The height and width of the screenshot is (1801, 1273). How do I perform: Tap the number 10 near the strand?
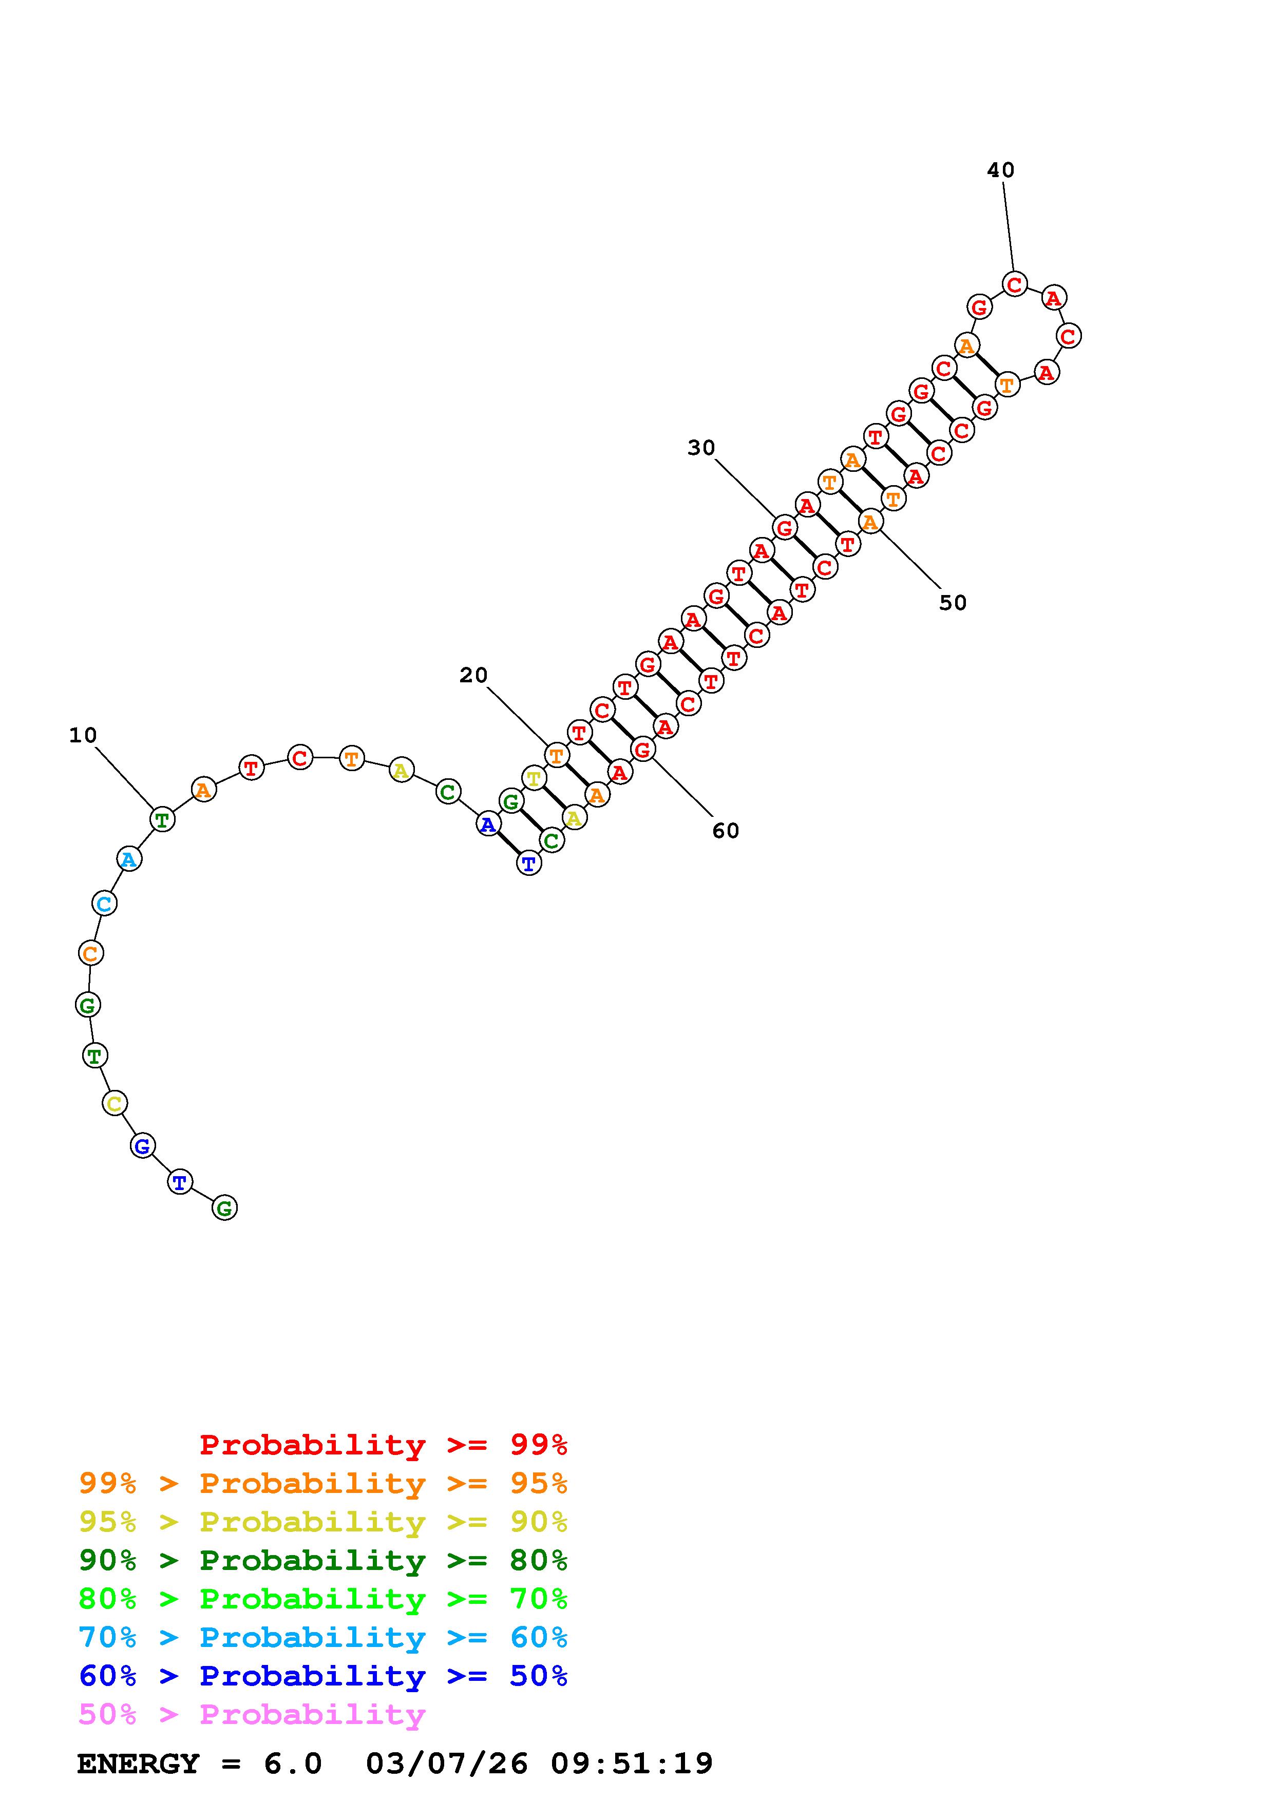tap(83, 735)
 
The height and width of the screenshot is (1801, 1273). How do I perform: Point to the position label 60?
tap(726, 831)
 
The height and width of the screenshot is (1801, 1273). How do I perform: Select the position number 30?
tap(701, 448)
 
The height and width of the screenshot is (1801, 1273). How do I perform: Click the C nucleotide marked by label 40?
tap(1014, 284)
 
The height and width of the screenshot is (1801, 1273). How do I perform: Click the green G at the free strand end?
tap(224, 1208)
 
